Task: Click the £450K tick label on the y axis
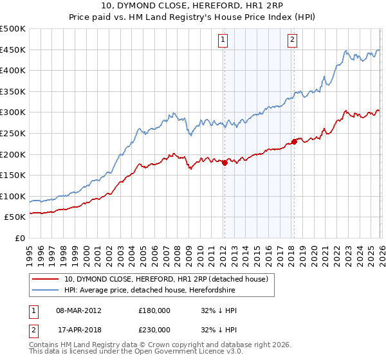click(13, 50)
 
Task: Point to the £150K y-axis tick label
click(13, 175)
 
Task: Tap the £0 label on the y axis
click(21, 238)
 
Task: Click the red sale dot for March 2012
click(225, 163)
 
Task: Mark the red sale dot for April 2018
click(294, 141)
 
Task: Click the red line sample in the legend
click(46, 279)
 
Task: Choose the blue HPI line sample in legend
click(46, 290)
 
